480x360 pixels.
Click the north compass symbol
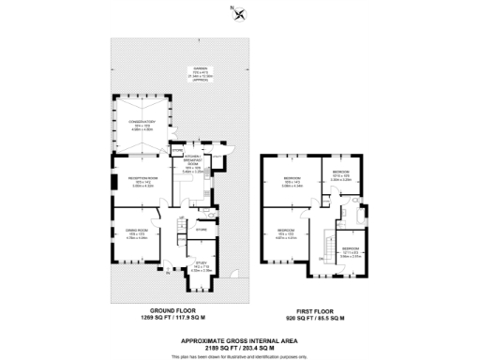pyautogui.click(x=239, y=12)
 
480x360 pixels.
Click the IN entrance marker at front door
pyautogui.click(x=169, y=273)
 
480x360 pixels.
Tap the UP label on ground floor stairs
pyautogui.click(x=180, y=217)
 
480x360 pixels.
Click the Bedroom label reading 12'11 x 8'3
pyautogui.click(x=350, y=251)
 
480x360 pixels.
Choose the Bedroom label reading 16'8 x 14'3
pyautogui.click(x=291, y=181)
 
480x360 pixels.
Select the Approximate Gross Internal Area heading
pyautogui.click(x=240, y=340)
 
